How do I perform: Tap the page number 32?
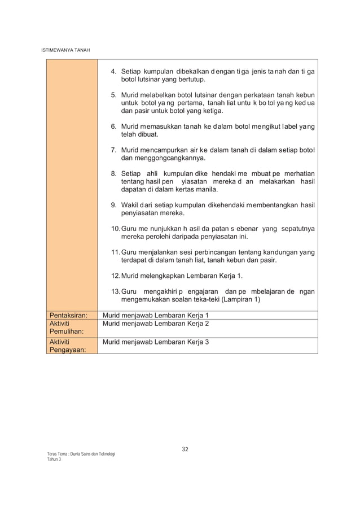tap(185, 450)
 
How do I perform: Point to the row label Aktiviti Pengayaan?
tap(65, 346)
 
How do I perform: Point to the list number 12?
tap(116, 275)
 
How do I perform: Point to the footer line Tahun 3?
tap(54, 460)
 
